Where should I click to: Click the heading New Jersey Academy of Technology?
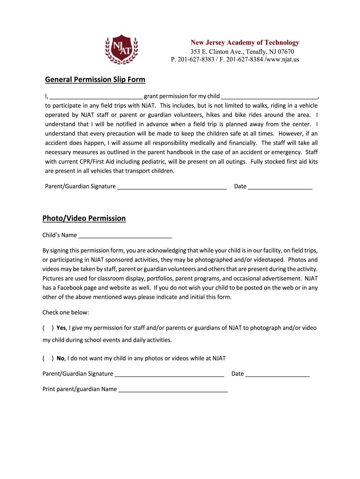[x=245, y=43]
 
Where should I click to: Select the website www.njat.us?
[x=282, y=59]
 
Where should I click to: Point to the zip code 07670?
[x=285, y=51]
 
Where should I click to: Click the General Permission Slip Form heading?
[x=95, y=80]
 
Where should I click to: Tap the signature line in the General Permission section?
[x=172, y=187]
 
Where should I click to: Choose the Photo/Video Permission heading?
[x=84, y=218]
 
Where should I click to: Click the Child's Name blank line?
[x=125, y=236]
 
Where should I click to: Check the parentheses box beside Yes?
[x=48, y=328]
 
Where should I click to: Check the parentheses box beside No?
[x=48, y=359]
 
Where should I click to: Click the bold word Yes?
[x=62, y=328]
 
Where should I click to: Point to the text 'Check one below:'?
[x=65, y=312]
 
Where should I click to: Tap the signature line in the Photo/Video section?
[x=169, y=374]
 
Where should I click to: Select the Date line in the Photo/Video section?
[x=277, y=374]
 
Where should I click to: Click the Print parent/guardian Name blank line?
[x=173, y=390]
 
